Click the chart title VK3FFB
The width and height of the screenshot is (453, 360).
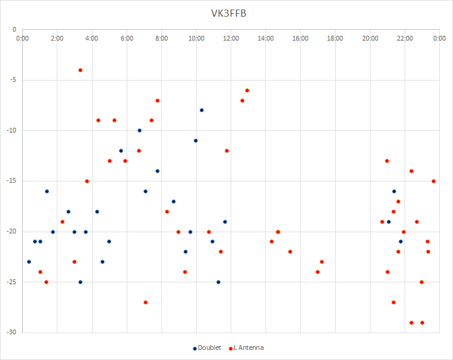(228, 14)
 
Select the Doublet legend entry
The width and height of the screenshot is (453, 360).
(207, 348)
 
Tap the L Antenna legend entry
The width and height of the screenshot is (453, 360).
(246, 348)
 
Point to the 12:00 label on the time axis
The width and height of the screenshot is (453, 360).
(231, 38)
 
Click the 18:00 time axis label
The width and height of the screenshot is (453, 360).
(335, 38)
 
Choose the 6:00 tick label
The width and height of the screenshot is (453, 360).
(127, 38)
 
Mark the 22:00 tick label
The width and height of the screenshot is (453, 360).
(405, 38)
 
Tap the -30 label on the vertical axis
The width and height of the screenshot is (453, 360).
(11, 333)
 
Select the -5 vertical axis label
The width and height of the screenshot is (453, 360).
(13, 80)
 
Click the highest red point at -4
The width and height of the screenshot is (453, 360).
(80, 70)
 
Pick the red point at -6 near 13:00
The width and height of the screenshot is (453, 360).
(247, 90)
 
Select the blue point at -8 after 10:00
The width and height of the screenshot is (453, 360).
(201, 110)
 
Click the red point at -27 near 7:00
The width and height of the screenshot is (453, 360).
(145, 302)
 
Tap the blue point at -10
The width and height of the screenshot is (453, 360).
(139, 131)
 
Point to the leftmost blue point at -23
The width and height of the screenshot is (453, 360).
(29, 262)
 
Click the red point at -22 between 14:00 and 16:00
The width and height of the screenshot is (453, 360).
(290, 252)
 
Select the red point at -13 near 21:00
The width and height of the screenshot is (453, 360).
(387, 161)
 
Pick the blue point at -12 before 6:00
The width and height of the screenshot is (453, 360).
(121, 150)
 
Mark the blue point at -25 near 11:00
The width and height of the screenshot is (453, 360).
(218, 282)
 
